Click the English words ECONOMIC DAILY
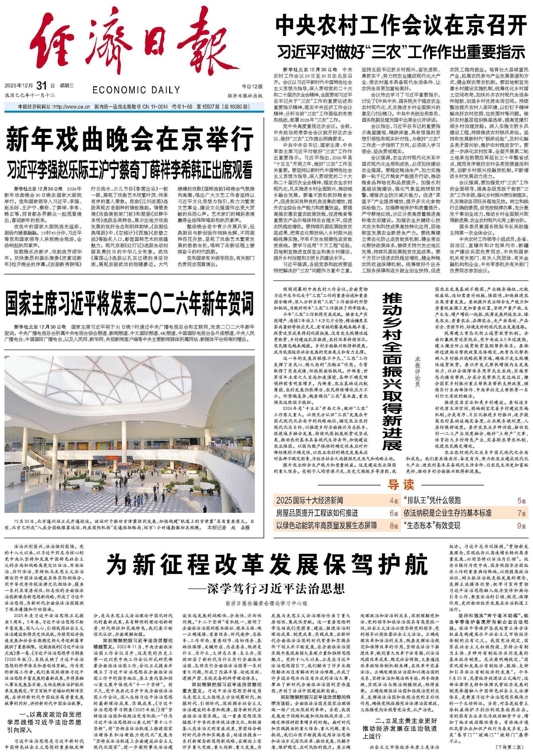coord(136,90)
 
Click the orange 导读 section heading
coord(400,485)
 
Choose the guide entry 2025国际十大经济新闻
coord(309,500)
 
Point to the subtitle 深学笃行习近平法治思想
coord(273,589)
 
